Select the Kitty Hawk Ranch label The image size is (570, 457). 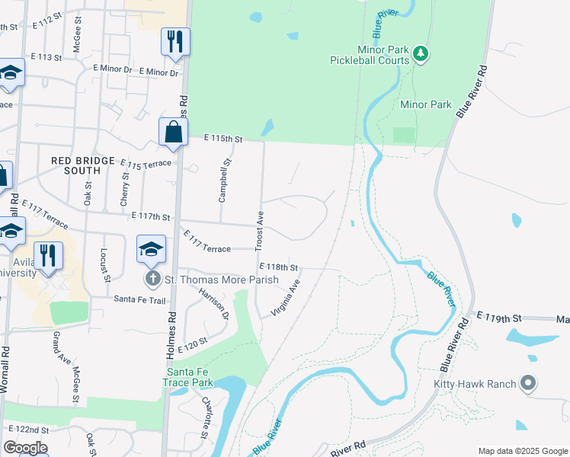click(x=476, y=384)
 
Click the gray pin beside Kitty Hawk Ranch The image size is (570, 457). click(x=527, y=383)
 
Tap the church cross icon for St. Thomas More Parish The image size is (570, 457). click(x=152, y=279)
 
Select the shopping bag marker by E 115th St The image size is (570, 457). click(x=174, y=132)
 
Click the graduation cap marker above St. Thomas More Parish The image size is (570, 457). click(x=151, y=249)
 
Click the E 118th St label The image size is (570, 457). click(x=278, y=267)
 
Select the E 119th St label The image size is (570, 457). click(x=499, y=315)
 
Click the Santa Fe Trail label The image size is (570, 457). click(x=139, y=300)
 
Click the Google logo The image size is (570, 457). click(x=25, y=448)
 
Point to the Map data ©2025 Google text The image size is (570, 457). click(x=522, y=450)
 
